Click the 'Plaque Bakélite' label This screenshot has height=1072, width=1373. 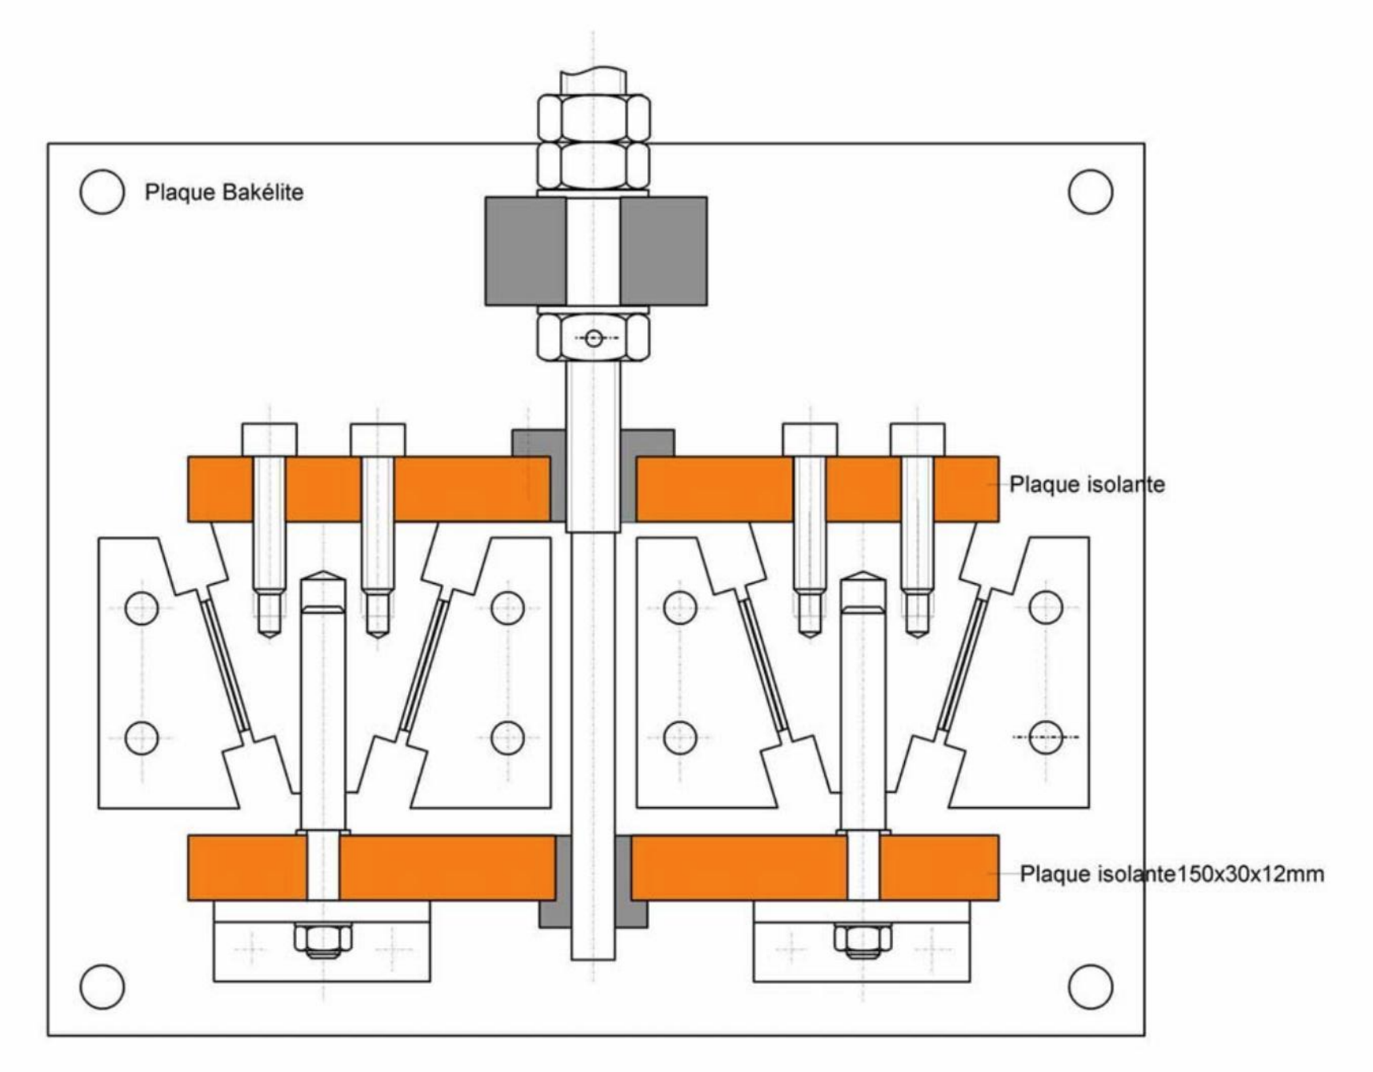tap(224, 193)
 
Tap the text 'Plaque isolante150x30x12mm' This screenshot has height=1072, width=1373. tap(1171, 874)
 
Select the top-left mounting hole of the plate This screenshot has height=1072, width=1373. tap(102, 192)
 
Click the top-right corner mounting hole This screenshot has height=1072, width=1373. tap(1091, 192)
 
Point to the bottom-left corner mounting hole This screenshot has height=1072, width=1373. tap(102, 986)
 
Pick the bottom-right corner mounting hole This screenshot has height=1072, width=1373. tap(1091, 986)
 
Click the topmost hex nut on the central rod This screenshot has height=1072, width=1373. tap(593, 118)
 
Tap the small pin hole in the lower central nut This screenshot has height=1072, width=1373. tap(594, 338)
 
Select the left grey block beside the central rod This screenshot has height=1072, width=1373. tap(525, 251)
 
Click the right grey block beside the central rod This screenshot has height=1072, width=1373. tap(663, 251)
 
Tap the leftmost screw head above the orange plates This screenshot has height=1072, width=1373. tap(270, 440)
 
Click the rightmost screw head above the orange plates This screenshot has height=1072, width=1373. tap(918, 440)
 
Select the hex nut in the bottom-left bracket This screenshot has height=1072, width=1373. tap(322, 939)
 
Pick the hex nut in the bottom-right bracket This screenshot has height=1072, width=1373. tap(863, 939)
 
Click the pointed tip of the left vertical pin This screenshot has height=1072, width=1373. tap(322, 574)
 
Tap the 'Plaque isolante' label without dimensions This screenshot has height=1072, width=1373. tap(1087, 485)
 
